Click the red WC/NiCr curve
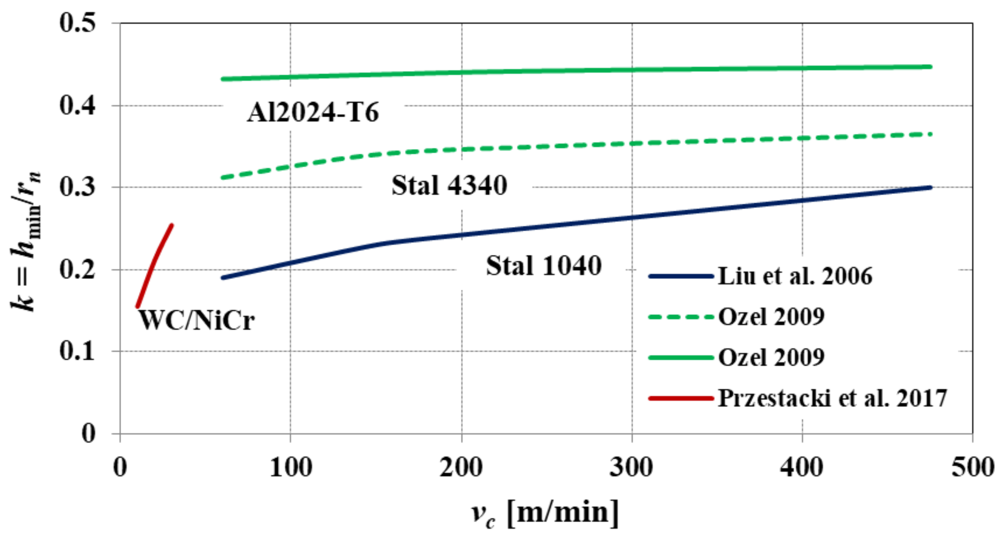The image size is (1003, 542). point(154,265)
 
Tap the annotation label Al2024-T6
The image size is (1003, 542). point(313,113)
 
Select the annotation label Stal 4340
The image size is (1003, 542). point(449,185)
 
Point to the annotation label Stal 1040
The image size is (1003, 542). point(543,266)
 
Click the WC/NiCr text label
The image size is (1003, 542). point(197,320)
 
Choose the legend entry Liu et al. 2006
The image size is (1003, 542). point(795,276)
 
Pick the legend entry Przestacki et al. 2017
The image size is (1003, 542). point(832,398)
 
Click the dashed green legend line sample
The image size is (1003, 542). point(680,317)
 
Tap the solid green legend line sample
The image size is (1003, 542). point(680,357)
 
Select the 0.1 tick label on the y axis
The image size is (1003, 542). point(78,351)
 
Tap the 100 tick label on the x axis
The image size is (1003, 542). point(291,467)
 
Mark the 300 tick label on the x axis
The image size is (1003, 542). point(631,467)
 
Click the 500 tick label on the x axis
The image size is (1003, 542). point(973,467)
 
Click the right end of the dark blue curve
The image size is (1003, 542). point(930,188)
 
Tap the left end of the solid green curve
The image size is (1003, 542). point(223,79)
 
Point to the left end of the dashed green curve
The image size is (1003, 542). point(223,177)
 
